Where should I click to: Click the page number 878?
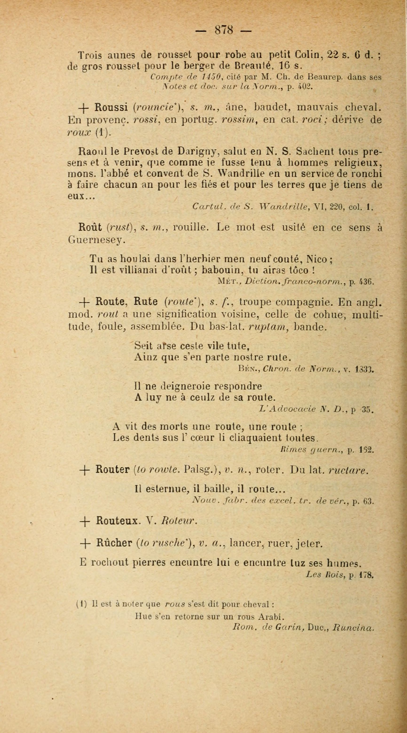[x=224, y=30]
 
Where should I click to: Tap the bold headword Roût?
[x=90, y=228]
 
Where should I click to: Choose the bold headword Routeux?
[x=117, y=520]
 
